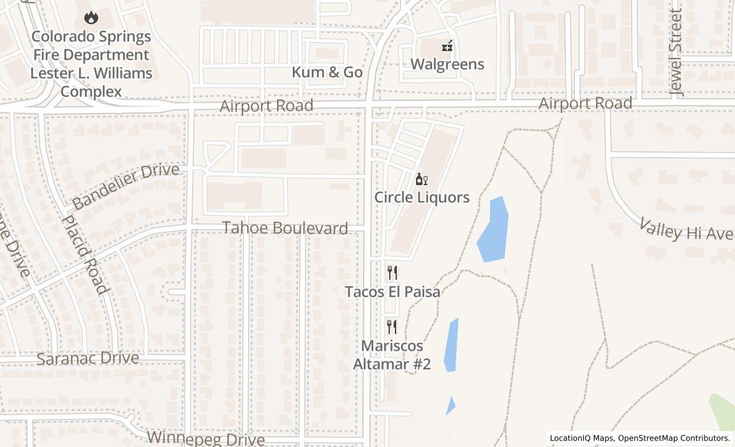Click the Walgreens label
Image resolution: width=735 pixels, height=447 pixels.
pyautogui.click(x=447, y=64)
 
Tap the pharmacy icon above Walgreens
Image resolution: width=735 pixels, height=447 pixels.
pyautogui.click(x=447, y=45)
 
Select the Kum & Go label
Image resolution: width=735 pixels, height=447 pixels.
pyautogui.click(x=327, y=72)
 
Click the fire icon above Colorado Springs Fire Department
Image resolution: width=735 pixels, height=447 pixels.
pyautogui.click(x=91, y=18)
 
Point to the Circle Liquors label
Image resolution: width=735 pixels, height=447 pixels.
pyautogui.click(x=422, y=197)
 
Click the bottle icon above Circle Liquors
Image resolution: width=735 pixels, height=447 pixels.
pyautogui.click(x=421, y=179)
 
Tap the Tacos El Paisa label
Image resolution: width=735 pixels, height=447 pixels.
pyautogui.click(x=392, y=292)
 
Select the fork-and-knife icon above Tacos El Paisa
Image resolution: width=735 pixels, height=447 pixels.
pyautogui.click(x=392, y=273)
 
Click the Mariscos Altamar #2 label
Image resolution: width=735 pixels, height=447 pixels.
pyautogui.click(x=392, y=355)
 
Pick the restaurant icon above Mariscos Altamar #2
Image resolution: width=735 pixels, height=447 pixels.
pyautogui.click(x=392, y=327)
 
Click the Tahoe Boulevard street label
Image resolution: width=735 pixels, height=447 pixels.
pyautogui.click(x=285, y=228)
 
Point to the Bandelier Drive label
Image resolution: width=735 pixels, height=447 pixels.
pyautogui.click(x=125, y=186)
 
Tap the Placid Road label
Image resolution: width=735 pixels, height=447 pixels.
pyautogui.click(x=84, y=254)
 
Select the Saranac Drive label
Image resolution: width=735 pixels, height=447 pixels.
pyautogui.click(x=87, y=358)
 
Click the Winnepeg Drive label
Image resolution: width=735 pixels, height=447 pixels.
pyautogui.click(x=205, y=439)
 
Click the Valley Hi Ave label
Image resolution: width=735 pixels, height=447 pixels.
pyautogui.click(x=687, y=230)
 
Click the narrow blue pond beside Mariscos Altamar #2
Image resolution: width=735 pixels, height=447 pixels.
pyautogui.click(x=450, y=345)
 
